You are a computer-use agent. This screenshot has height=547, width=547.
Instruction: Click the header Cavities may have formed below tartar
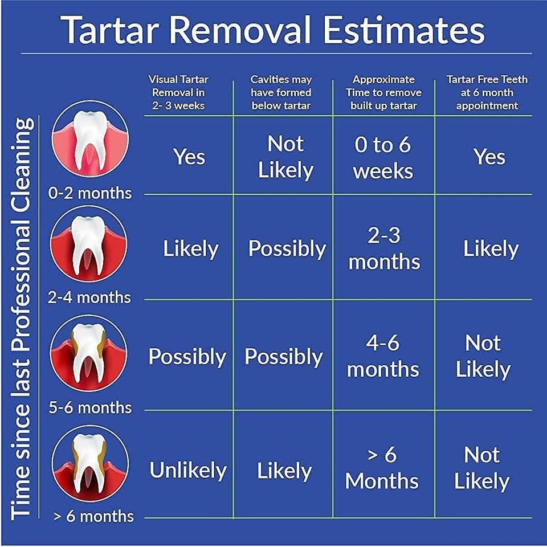[281, 92]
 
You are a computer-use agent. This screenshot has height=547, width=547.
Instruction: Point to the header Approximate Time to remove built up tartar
[383, 92]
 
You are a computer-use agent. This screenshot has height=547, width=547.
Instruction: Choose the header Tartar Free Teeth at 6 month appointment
[487, 92]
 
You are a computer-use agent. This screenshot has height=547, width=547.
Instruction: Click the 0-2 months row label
[90, 193]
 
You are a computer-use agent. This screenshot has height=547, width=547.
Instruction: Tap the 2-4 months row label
[89, 297]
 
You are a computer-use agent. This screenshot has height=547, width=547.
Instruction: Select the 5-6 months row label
[90, 407]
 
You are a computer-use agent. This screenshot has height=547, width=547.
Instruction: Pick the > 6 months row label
[93, 516]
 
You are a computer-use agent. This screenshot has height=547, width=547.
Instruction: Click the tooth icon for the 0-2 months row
[90, 139]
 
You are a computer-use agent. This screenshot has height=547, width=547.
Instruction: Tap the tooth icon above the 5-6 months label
[89, 353]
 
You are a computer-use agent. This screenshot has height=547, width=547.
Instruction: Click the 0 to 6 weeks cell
[383, 158]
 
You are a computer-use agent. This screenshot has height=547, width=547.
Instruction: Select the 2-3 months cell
[384, 248]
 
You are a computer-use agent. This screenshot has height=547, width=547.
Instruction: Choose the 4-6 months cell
[383, 356]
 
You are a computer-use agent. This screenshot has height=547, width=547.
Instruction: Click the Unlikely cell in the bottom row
[188, 470]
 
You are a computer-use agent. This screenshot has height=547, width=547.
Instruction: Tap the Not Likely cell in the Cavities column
[285, 157]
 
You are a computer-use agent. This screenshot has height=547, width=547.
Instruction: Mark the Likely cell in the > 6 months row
[284, 471]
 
